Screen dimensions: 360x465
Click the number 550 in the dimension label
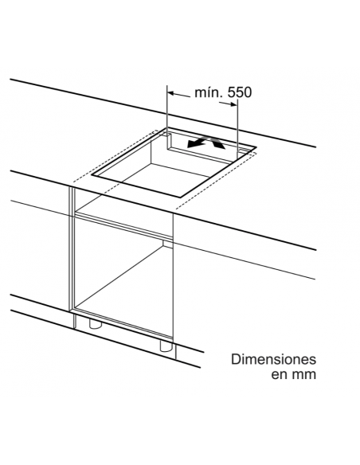(240, 92)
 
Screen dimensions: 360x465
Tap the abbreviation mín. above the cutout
(209, 92)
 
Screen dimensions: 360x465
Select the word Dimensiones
(273, 359)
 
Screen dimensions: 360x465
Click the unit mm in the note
(303, 375)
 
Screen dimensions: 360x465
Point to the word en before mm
(280, 375)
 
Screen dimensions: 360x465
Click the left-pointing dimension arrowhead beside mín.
(172, 93)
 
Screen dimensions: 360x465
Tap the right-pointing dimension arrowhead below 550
(233, 104)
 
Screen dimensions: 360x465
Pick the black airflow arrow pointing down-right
(216, 143)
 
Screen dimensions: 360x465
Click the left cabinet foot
(96, 324)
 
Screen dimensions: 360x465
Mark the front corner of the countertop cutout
(180, 197)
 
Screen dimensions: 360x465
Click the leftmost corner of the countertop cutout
(92, 175)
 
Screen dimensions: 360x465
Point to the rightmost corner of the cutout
(256, 147)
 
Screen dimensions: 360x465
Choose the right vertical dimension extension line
(237, 128)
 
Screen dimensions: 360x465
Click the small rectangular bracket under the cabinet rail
(167, 244)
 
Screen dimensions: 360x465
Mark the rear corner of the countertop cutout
(166, 128)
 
